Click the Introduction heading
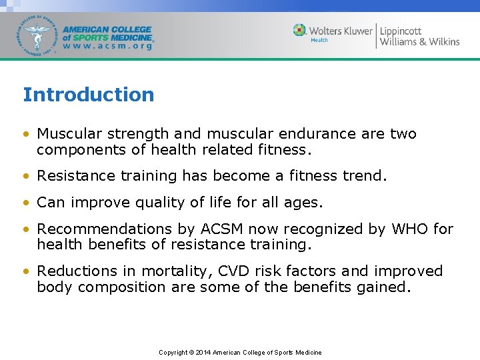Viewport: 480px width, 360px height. [88, 95]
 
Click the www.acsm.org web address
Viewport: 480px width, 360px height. [107, 47]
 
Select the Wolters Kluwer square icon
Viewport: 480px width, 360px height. [300, 30]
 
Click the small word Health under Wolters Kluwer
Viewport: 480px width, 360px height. [319, 40]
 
